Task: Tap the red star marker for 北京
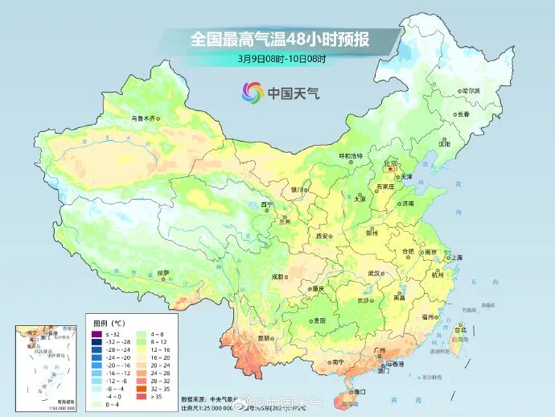(390, 168)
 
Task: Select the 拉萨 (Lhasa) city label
(163, 273)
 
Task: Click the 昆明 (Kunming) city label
(265, 338)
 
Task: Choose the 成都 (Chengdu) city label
(277, 276)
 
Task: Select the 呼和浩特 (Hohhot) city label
(350, 155)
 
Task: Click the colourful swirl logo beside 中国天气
(251, 93)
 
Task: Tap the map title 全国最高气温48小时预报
(281, 39)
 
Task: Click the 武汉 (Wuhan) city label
(373, 273)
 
